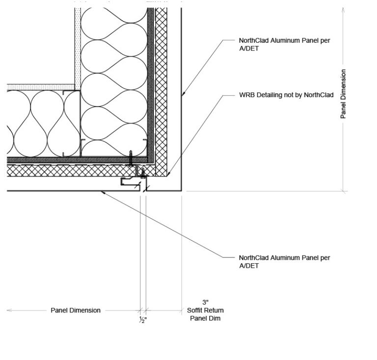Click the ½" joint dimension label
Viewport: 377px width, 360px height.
[x=143, y=320]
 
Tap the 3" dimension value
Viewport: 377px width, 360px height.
[x=205, y=302]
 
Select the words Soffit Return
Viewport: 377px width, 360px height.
[x=205, y=310]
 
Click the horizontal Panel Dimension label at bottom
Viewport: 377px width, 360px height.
[x=76, y=310]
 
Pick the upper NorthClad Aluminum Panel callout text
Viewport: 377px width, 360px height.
[x=284, y=45]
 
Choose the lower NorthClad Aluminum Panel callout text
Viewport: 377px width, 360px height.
[x=284, y=261]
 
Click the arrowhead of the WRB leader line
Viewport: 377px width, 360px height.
[x=168, y=175]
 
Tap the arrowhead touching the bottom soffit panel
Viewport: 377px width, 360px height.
[x=102, y=192]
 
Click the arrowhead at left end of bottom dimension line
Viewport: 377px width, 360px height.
[x=9, y=310]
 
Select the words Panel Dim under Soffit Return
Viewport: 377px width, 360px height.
[x=205, y=319]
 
